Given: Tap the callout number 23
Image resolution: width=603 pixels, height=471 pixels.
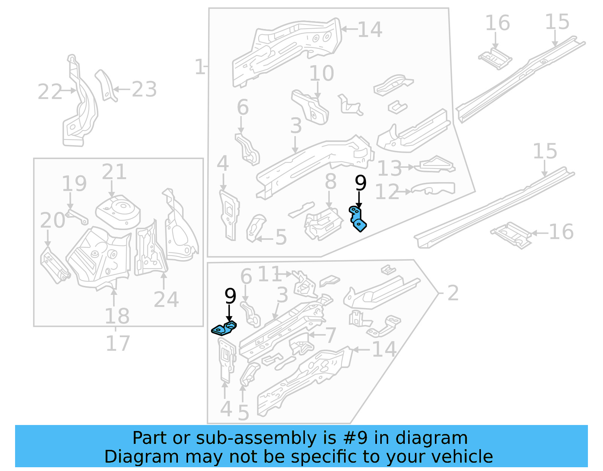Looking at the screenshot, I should tap(144, 89).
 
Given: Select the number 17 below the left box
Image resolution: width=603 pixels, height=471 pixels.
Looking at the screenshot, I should tap(118, 343).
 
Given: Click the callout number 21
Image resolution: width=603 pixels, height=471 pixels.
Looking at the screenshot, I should tap(114, 172).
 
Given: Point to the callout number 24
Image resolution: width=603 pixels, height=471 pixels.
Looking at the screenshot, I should tap(166, 299).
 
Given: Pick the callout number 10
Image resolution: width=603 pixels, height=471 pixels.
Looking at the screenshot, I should tap(321, 73).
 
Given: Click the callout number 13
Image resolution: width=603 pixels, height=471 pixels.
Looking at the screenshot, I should tap(389, 168).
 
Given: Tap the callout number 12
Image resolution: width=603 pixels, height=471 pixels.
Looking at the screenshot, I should tap(387, 192).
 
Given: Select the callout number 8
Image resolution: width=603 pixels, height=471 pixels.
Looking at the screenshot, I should tap(330, 182).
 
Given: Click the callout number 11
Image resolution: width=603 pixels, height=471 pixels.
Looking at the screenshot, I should tap(269, 274).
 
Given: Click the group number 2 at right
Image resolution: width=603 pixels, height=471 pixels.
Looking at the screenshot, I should tap(453, 293).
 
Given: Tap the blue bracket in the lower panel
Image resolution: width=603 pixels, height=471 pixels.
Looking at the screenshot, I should tap(224, 328).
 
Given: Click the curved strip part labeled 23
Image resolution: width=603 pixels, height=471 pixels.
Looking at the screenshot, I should tap(106, 85).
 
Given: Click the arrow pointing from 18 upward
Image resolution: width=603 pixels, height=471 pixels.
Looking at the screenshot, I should tap(114, 298).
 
